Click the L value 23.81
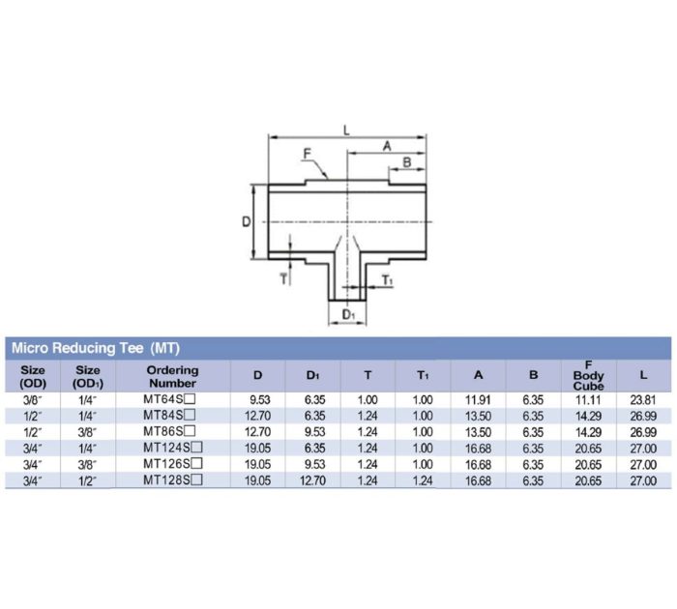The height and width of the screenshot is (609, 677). click(643, 398)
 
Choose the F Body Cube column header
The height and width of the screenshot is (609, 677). click(588, 375)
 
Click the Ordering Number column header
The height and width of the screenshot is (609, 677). click(172, 375)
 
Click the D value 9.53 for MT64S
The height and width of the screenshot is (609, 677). click(256, 398)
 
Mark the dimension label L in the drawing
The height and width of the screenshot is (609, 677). click(345, 129)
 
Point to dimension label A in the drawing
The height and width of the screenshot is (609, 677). click(387, 146)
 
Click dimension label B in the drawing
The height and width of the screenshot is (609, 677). click(406, 161)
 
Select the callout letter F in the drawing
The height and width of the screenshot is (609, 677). click(307, 153)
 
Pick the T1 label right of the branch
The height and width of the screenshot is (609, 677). click(387, 280)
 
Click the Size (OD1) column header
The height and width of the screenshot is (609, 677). click(88, 375)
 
